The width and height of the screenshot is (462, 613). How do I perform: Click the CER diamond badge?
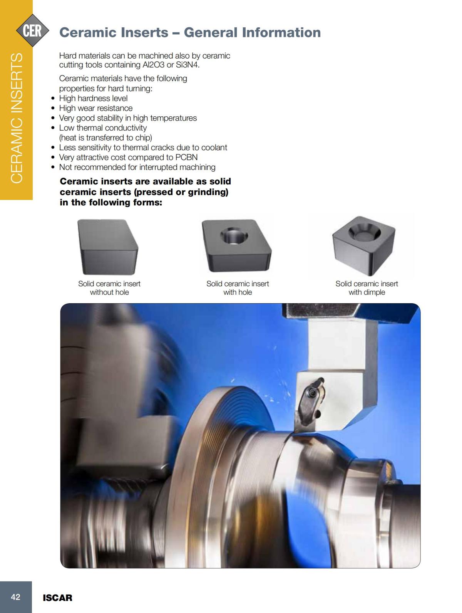tap(32, 30)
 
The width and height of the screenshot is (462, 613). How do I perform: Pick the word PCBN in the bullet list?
tap(186, 157)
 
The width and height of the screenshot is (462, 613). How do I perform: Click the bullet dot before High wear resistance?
tap(53, 108)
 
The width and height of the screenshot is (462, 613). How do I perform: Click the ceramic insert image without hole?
tap(108, 247)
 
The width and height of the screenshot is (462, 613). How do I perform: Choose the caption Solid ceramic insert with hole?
tap(238, 288)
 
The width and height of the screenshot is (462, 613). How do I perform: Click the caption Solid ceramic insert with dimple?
tap(367, 288)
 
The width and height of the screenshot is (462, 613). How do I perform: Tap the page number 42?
tap(16, 597)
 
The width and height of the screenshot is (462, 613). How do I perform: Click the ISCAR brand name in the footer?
tap(57, 598)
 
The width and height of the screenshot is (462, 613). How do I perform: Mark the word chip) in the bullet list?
tap(144, 138)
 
